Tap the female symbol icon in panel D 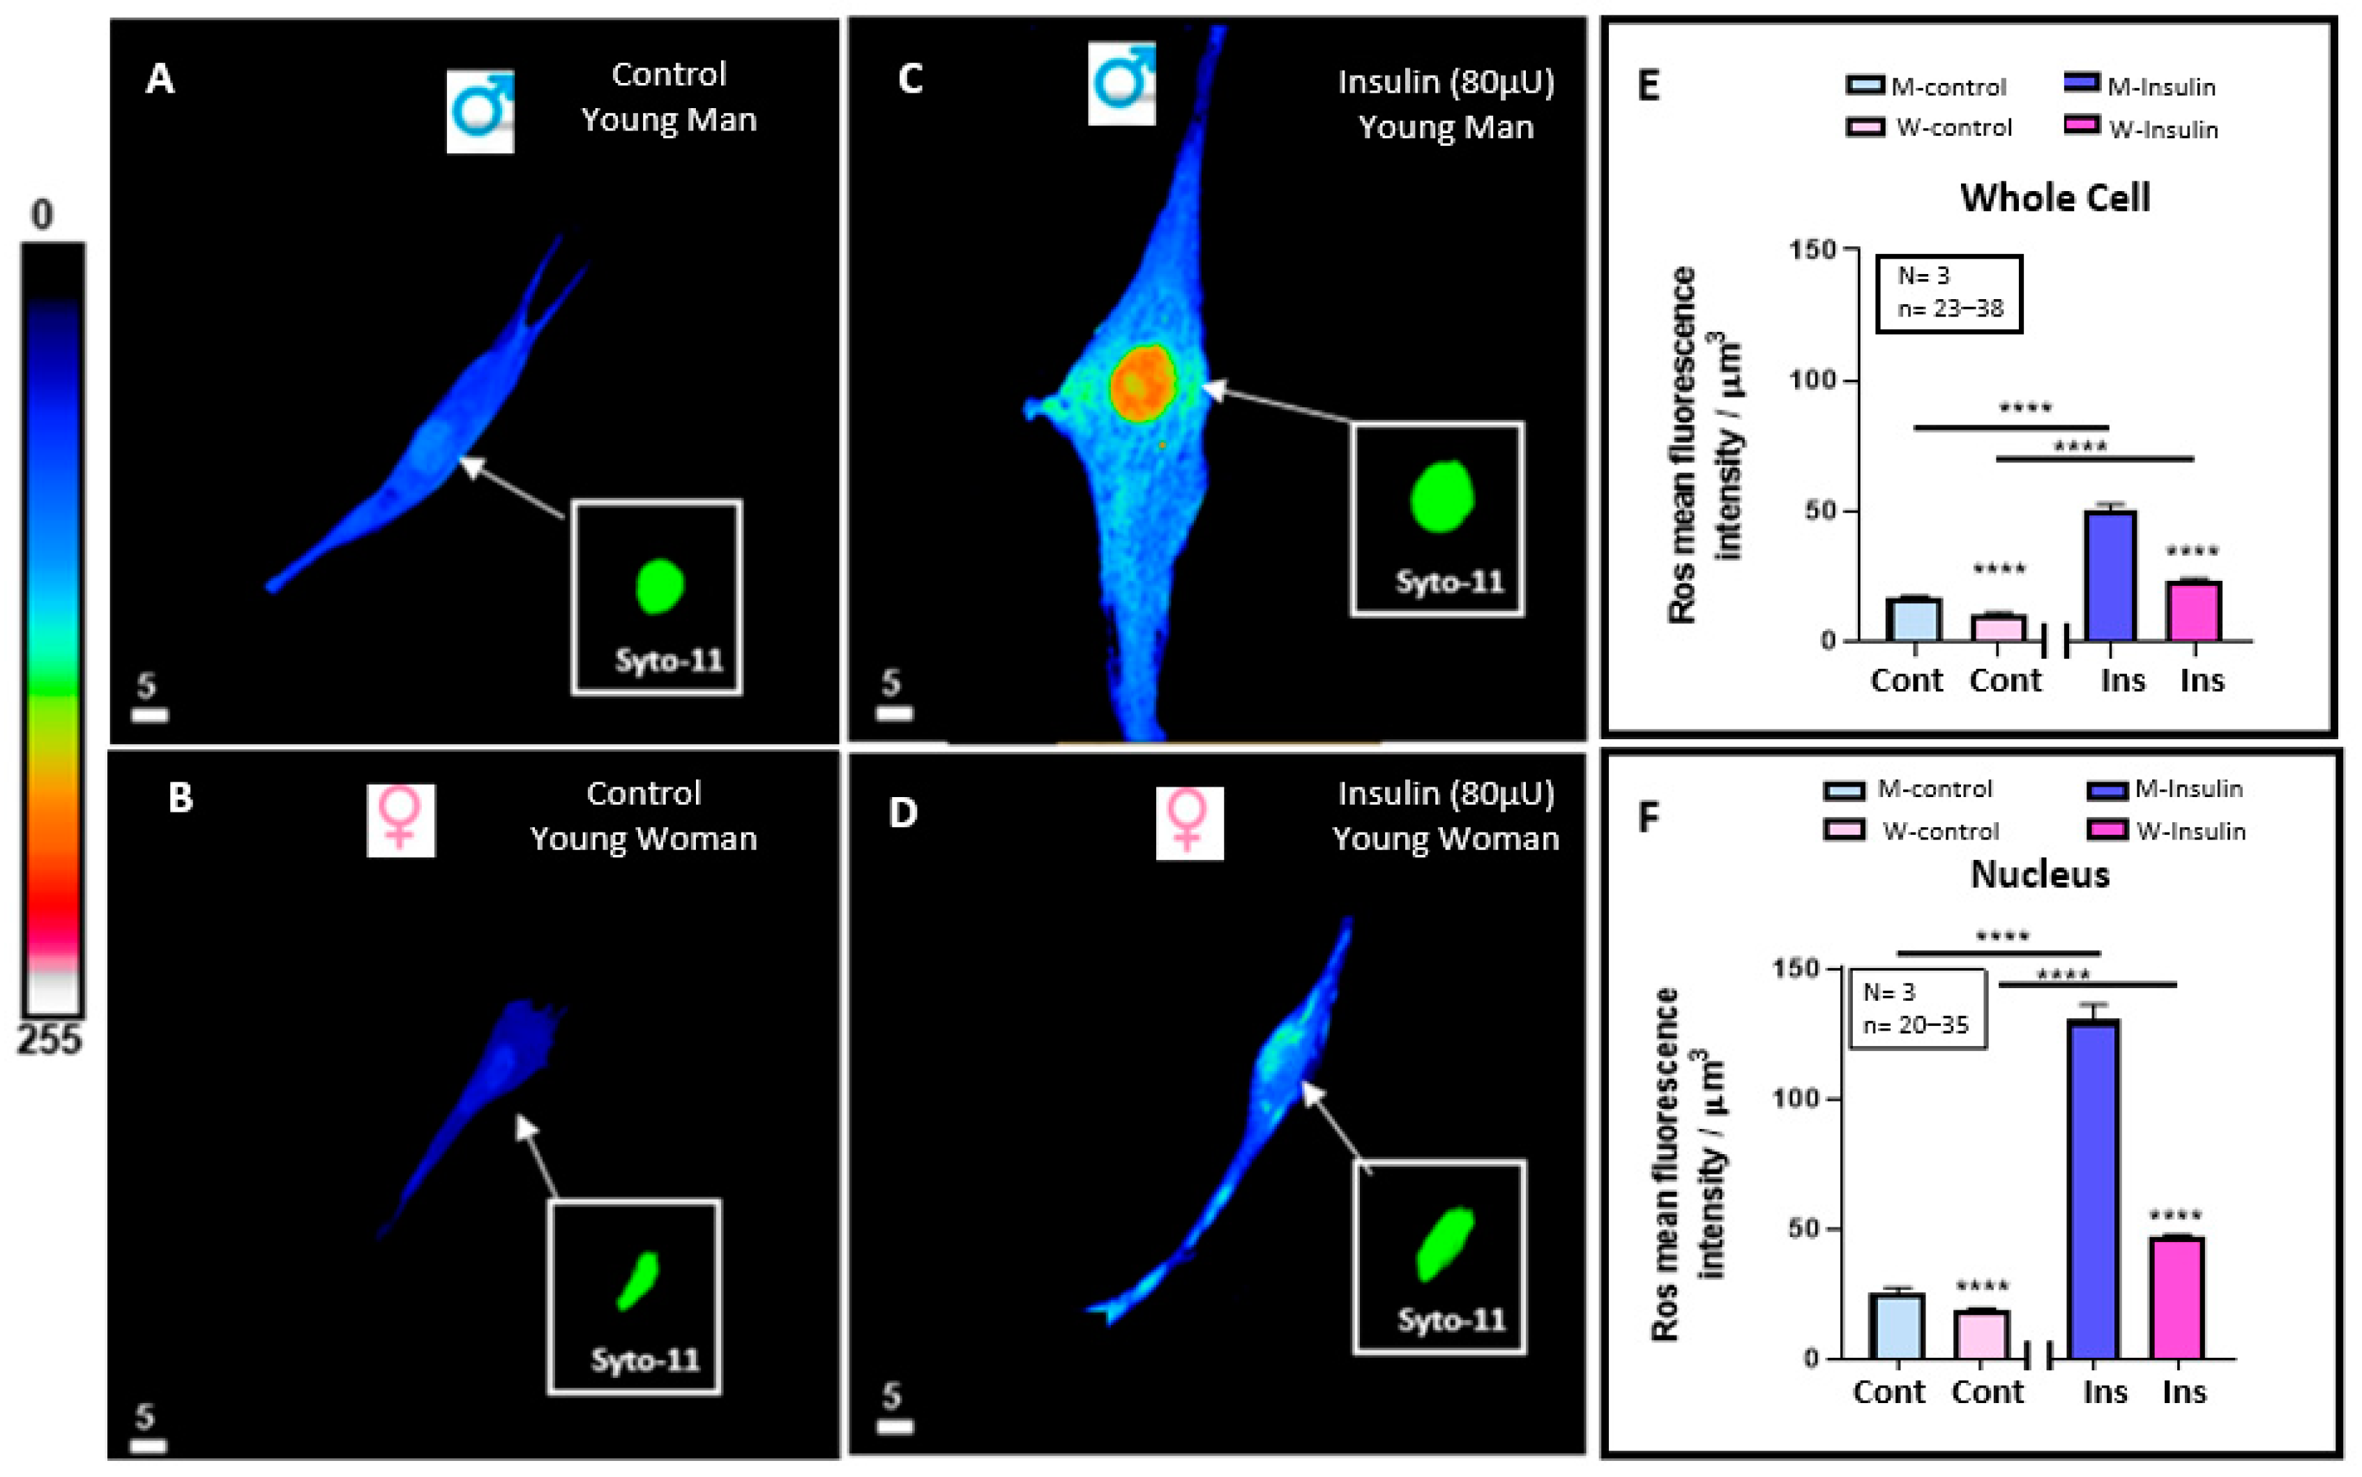pos(1189,824)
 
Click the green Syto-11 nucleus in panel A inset pos(660,586)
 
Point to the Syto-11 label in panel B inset pos(644,1360)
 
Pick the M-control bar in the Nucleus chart pos(1896,1326)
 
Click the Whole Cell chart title pos(2054,198)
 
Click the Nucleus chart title pos(2040,874)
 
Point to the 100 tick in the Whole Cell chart pos(1812,379)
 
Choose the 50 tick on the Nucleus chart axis pos(1803,1229)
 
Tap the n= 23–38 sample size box pos(1948,294)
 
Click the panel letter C pos(909,78)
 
